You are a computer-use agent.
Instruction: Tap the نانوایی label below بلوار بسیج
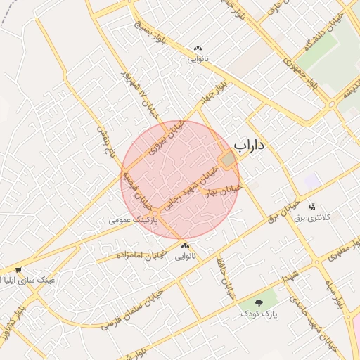click(197, 59)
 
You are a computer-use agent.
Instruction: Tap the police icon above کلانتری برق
click(312, 207)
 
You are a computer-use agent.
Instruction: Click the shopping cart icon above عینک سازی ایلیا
click(18, 269)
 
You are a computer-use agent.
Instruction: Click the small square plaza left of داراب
click(227, 160)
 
